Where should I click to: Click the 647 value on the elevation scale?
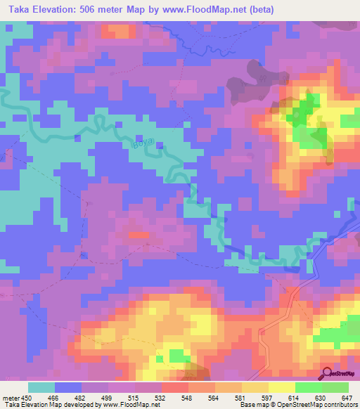(x=347, y=397)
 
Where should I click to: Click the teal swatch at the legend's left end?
(x=41, y=387)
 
